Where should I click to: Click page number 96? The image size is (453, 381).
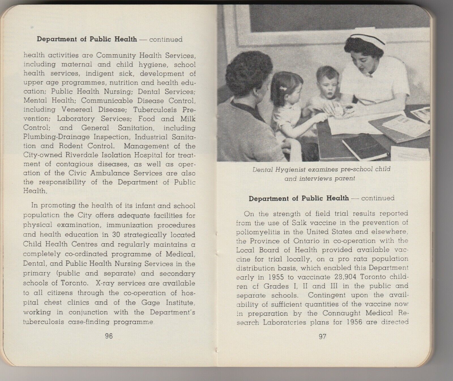109,336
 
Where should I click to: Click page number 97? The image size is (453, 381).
322,336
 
